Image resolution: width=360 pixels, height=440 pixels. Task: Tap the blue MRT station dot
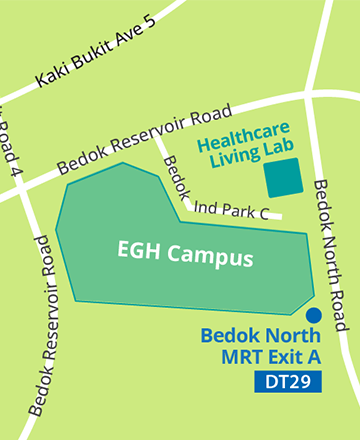coord(314,315)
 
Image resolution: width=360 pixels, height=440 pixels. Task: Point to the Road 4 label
coord(12,140)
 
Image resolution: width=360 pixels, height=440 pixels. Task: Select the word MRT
coord(254,357)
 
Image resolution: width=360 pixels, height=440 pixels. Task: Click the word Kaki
coord(47,77)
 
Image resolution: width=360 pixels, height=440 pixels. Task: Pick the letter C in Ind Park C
coord(264,210)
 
